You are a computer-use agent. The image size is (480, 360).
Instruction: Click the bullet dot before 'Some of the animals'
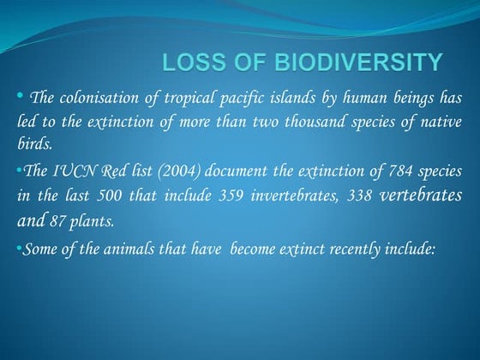19,249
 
